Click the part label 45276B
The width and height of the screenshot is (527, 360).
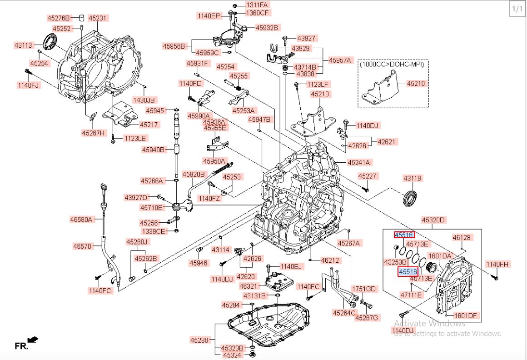click(x=59, y=18)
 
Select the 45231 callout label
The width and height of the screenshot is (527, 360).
click(x=97, y=18)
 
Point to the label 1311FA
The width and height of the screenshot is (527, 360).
click(x=257, y=5)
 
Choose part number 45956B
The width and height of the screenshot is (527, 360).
click(x=174, y=46)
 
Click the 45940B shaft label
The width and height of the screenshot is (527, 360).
click(x=153, y=149)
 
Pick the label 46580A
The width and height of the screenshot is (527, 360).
click(x=81, y=220)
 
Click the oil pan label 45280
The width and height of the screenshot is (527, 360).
click(x=199, y=340)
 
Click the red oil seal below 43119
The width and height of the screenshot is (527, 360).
click(x=412, y=199)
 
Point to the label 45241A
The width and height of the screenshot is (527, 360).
click(x=359, y=162)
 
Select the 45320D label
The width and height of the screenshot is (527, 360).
click(x=433, y=220)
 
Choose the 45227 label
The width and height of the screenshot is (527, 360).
click(x=368, y=176)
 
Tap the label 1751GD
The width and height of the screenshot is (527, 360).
click(x=365, y=289)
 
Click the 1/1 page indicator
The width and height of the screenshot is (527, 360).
click(x=517, y=9)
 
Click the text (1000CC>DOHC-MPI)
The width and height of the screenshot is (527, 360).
click(x=392, y=65)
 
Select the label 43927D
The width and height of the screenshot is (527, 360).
click(x=136, y=197)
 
